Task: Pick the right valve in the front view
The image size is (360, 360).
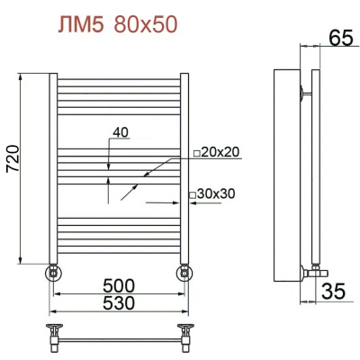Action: (x=185, y=271)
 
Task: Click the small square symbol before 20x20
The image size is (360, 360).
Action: (x=194, y=152)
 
